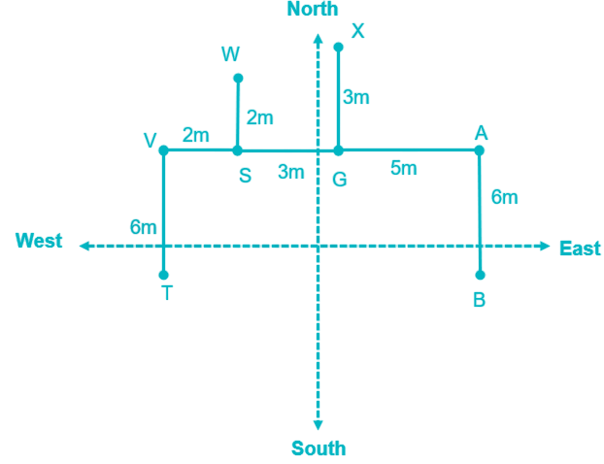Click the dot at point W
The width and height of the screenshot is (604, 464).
(x=238, y=78)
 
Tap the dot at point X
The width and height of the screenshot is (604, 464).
(x=338, y=47)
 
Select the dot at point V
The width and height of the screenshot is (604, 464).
(x=163, y=150)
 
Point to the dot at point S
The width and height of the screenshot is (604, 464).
(x=238, y=150)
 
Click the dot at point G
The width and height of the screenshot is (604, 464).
(x=338, y=150)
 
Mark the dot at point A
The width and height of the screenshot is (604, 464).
(x=480, y=150)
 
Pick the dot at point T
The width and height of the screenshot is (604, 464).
(x=163, y=275)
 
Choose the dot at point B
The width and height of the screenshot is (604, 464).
(x=480, y=275)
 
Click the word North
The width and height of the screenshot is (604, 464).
(x=313, y=10)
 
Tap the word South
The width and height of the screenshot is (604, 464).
(x=319, y=448)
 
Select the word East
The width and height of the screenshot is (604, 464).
(x=580, y=248)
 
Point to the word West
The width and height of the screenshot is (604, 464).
(x=39, y=241)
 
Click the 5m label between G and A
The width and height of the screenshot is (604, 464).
(x=404, y=168)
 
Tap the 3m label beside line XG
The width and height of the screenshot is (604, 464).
(x=355, y=97)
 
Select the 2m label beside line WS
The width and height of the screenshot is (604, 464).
(x=259, y=117)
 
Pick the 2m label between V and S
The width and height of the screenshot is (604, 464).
(x=195, y=135)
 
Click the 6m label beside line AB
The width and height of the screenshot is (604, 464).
(x=504, y=197)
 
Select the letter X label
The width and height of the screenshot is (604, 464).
(x=357, y=31)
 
